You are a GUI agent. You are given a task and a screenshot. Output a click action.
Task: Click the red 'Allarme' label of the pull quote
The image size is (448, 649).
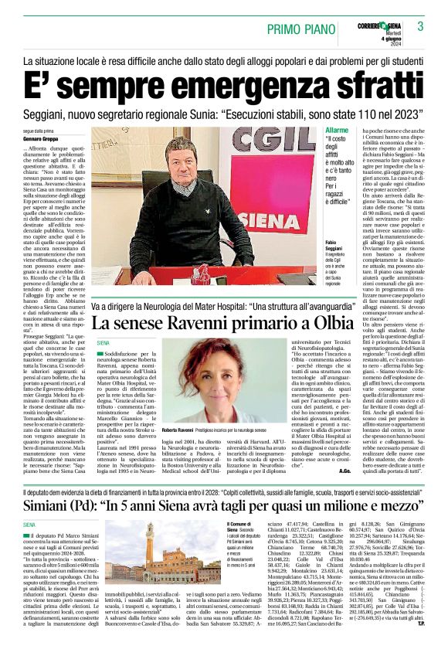pyautogui.click(x=338, y=131)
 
